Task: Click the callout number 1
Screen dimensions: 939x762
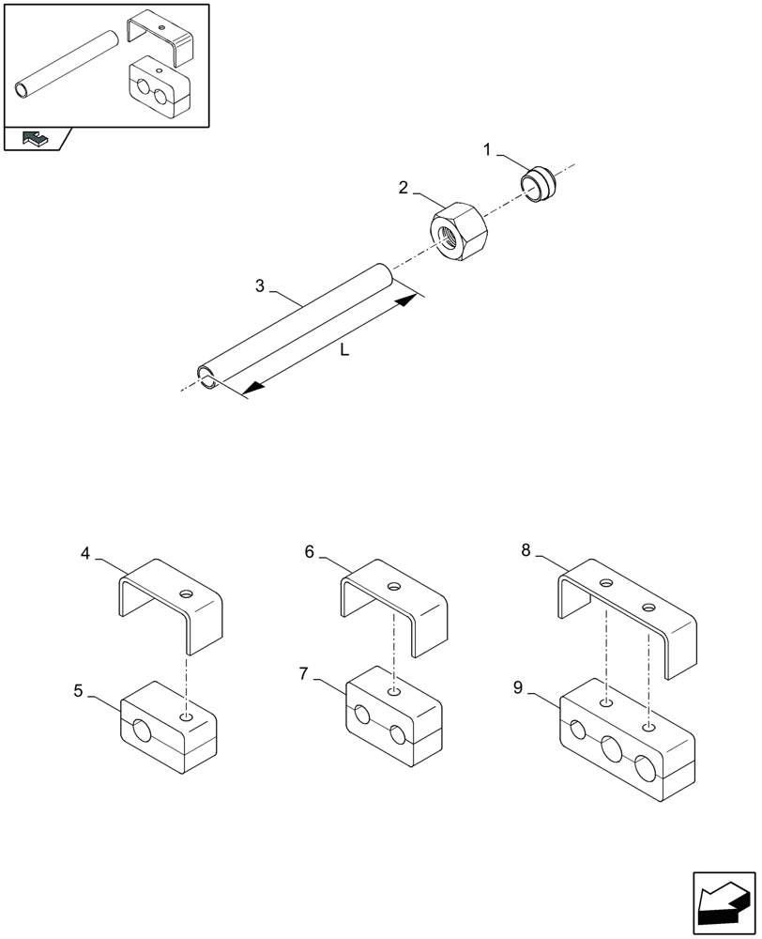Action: [x=487, y=149]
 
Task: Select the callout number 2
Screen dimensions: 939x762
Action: [x=403, y=188]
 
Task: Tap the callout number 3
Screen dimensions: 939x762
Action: [x=260, y=286]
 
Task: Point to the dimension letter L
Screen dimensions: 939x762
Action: [x=344, y=350]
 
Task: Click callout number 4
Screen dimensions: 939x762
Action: [x=85, y=554]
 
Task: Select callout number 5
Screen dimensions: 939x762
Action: [x=79, y=691]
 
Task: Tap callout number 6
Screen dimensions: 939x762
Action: [x=309, y=552]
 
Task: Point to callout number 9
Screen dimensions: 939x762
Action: [x=518, y=687]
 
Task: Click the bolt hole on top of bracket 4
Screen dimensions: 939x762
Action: [x=188, y=594]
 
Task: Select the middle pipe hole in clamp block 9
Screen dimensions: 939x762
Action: [x=611, y=748]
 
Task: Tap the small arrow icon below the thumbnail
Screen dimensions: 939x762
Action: [x=34, y=139]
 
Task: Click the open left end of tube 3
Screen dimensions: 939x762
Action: [x=206, y=376]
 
